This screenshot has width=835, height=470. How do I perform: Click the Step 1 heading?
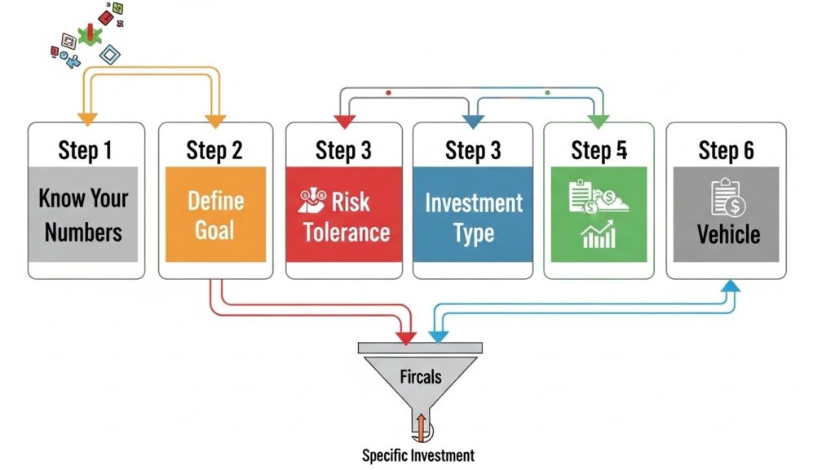(x=85, y=150)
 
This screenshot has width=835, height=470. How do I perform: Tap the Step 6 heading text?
(x=726, y=150)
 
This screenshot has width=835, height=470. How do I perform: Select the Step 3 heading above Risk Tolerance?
(x=343, y=150)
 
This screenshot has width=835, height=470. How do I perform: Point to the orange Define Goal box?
(x=215, y=214)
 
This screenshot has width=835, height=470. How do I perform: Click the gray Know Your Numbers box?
(x=83, y=214)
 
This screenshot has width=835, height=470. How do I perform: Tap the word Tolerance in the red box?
(x=347, y=232)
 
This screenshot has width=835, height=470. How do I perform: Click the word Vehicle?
(x=728, y=234)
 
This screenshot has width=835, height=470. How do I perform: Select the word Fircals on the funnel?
(x=421, y=377)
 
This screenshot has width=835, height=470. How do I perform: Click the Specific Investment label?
(x=417, y=455)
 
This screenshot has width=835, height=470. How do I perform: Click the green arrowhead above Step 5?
(x=599, y=122)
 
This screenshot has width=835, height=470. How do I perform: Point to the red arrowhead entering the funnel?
(x=404, y=336)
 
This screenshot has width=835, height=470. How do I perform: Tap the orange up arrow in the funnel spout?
(x=421, y=424)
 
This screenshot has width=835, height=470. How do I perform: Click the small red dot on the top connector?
(x=388, y=93)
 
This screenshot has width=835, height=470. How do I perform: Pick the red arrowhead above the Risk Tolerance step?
(x=343, y=122)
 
